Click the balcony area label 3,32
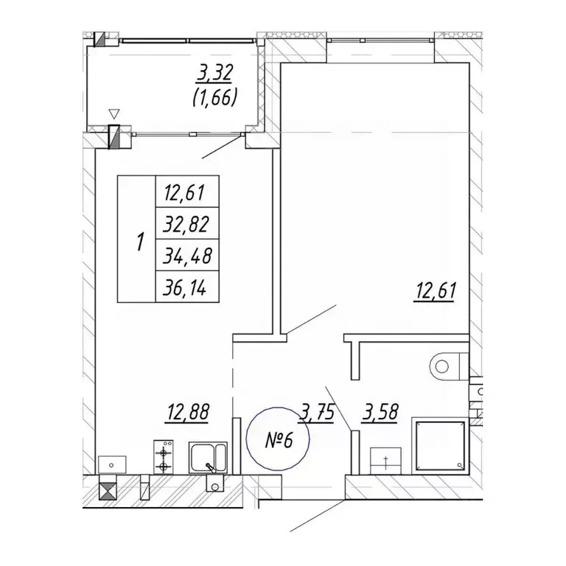pyautogui.click(x=214, y=73)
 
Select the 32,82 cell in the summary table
pyautogui.click(x=186, y=224)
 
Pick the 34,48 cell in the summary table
pyautogui.click(x=187, y=255)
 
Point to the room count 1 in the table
pyautogui.click(x=141, y=242)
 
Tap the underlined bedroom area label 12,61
pyautogui.click(x=436, y=292)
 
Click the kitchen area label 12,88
pyautogui.click(x=188, y=412)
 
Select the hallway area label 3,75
pyautogui.click(x=316, y=413)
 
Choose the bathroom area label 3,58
pyautogui.click(x=380, y=413)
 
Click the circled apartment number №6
pyautogui.click(x=278, y=439)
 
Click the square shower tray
pyautogui.click(x=441, y=446)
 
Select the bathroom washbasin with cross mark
pyautogui.click(x=386, y=460)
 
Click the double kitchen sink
pyautogui.click(x=209, y=458)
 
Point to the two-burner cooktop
pyautogui.click(x=163, y=457)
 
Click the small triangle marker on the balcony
pyautogui.click(x=114, y=114)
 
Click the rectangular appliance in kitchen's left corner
pyautogui.click(x=112, y=464)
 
